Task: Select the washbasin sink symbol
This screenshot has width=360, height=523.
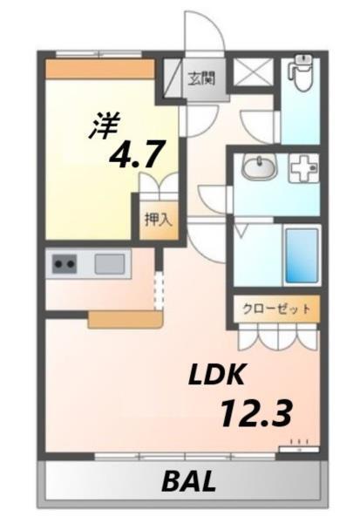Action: tap(258, 167)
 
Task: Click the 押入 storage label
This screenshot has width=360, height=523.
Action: tap(158, 219)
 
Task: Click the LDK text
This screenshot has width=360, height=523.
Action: tap(220, 376)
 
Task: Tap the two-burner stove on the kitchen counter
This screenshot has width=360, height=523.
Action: tap(65, 263)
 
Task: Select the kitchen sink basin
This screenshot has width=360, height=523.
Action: tap(111, 263)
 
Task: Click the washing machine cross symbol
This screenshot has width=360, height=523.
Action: tap(302, 168)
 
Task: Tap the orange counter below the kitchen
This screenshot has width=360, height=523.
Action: tap(125, 319)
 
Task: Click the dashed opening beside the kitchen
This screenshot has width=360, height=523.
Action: tap(159, 290)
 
